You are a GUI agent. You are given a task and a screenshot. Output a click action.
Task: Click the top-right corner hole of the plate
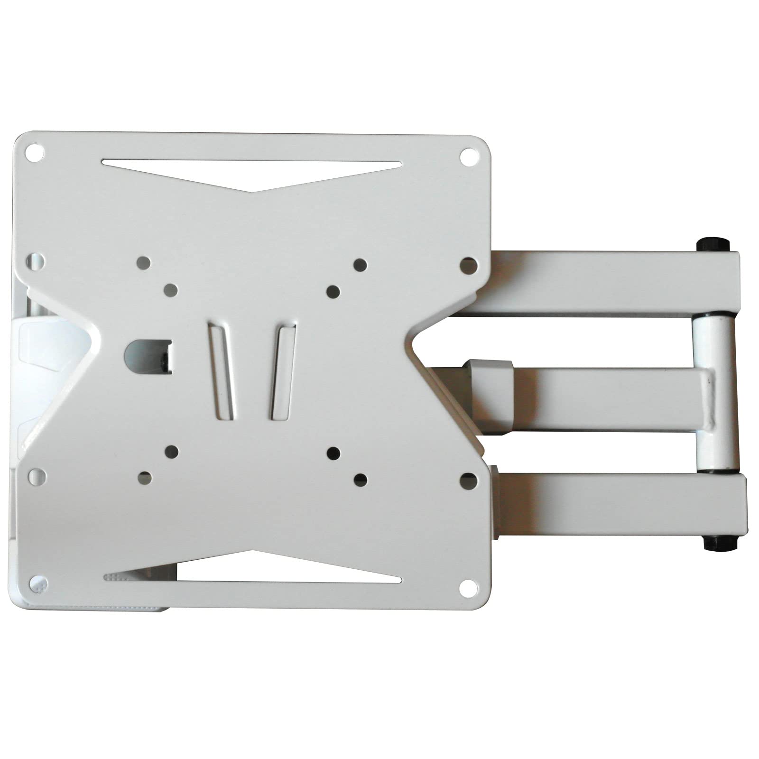pyautogui.click(x=468, y=156)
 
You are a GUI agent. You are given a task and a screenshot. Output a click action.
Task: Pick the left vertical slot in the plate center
pyautogui.click(x=221, y=370)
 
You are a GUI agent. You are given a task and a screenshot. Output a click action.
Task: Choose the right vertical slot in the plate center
pyautogui.click(x=283, y=370)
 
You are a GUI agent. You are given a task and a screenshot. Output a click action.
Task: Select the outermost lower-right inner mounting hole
pyautogui.click(x=361, y=480)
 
